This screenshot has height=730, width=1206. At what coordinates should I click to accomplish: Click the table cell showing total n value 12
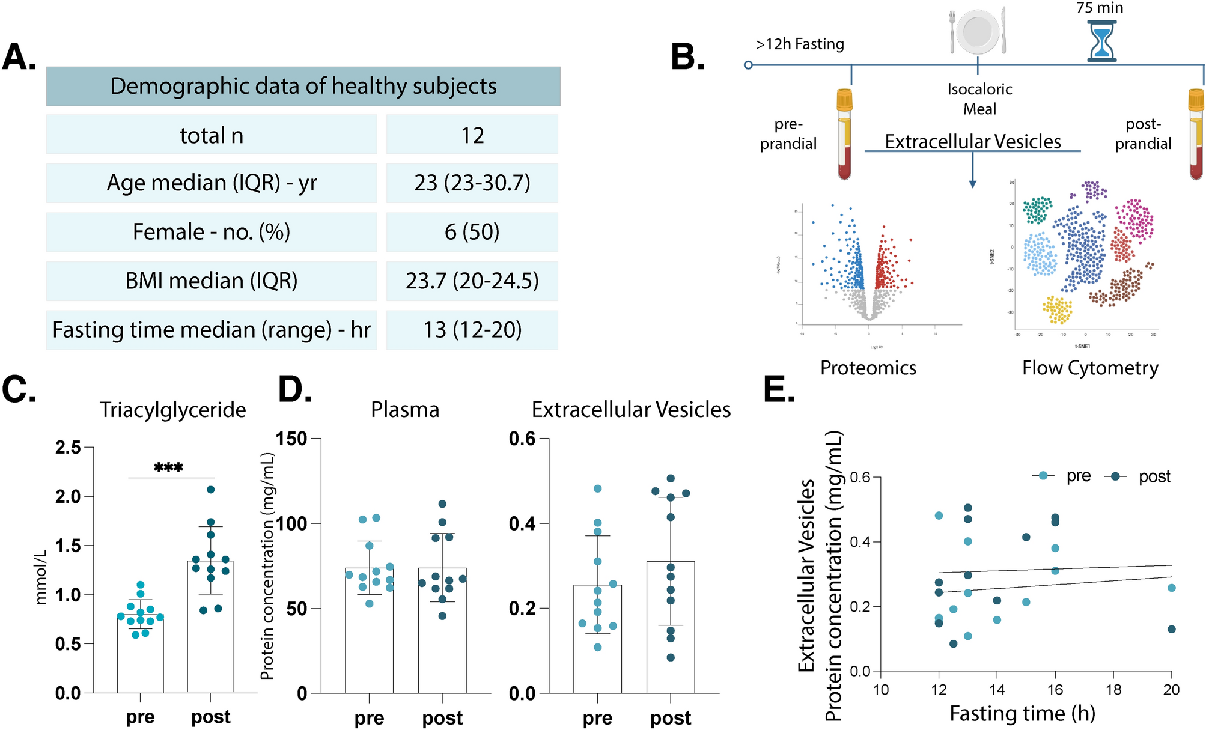(x=472, y=135)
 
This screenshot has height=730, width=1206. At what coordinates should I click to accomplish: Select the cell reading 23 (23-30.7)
(x=472, y=183)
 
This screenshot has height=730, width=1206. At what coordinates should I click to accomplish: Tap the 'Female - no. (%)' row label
(x=212, y=232)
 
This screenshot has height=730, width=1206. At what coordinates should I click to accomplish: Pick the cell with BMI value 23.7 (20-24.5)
(x=472, y=281)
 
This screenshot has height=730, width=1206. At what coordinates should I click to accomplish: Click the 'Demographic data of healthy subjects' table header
(x=303, y=87)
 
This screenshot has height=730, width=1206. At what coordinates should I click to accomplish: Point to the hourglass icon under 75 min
(x=1101, y=41)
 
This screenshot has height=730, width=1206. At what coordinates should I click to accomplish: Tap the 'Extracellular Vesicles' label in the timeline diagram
(x=973, y=142)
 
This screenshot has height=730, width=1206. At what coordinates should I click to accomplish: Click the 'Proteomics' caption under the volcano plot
(x=868, y=368)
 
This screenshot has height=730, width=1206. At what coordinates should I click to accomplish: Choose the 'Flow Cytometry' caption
(x=1090, y=368)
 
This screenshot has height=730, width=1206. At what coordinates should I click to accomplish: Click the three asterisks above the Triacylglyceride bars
(x=168, y=467)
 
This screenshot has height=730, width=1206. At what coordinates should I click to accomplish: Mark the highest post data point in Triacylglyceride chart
(x=211, y=490)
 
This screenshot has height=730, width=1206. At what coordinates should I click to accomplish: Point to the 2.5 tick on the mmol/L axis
(x=68, y=447)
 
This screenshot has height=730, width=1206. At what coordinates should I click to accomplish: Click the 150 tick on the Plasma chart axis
(x=291, y=439)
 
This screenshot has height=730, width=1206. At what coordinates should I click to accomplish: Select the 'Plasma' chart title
(x=405, y=410)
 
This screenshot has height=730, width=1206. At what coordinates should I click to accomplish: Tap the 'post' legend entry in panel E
(x=1154, y=476)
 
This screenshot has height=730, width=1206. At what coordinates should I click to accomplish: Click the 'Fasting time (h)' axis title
(x=1022, y=713)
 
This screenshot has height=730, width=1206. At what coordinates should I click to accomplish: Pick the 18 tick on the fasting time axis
(x=1113, y=690)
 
